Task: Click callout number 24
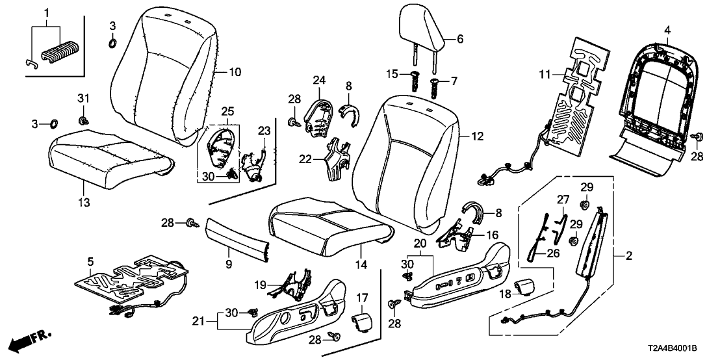[318, 81]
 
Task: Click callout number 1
[46, 12]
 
